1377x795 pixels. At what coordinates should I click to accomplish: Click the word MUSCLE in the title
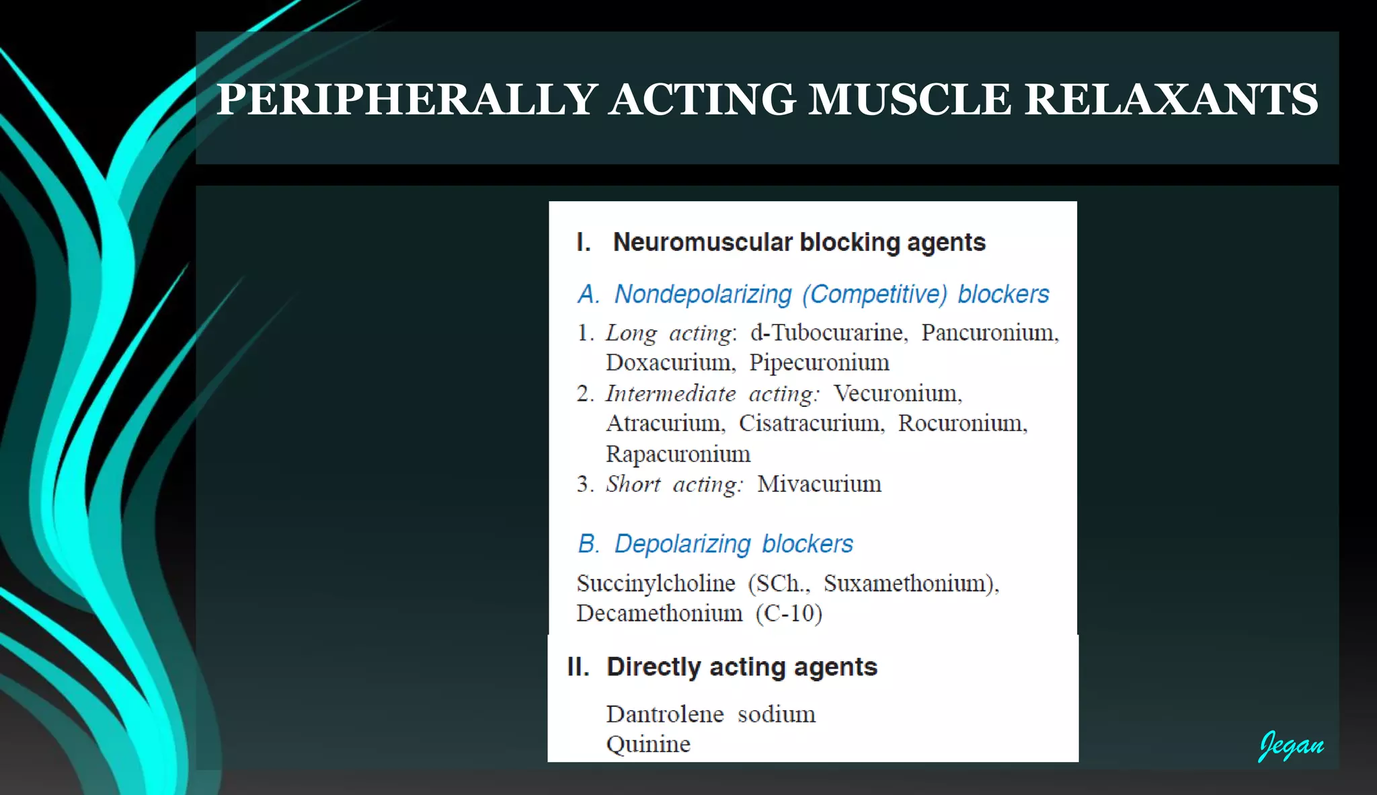click(x=910, y=100)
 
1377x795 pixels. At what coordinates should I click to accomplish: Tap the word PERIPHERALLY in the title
click(x=407, y=100)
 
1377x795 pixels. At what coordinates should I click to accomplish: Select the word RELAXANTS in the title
click(x=1171, y=100)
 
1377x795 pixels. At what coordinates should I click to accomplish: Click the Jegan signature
click(x=1291, y=745)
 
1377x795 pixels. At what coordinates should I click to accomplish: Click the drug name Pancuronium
click(x=989, y=333)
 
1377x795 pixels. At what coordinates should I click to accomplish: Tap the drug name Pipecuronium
click(x=819, y=363)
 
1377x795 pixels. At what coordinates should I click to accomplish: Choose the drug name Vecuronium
click(x=897, y=393)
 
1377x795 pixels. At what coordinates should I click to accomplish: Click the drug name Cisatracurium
click(x=811, y=424)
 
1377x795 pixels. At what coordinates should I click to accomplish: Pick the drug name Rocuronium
click(x=962, y=424)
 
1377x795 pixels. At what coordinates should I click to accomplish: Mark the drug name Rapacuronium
click(x=678, y=454)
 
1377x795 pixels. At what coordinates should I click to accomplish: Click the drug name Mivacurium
click(x=819, y=484)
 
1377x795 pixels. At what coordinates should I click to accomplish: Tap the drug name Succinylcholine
click(x=656, y=583)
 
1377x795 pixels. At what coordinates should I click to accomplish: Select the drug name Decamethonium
click(x=659, y=613)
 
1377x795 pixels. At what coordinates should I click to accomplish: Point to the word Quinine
click(x=648, y=745)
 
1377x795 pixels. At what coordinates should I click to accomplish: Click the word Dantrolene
click(x=664, y=714)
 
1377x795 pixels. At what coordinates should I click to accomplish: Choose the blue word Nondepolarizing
click(x=703, y=295)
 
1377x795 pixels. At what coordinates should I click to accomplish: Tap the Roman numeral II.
click(x=578, y=667)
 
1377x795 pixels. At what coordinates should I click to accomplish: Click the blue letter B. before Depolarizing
click(x=588, y=543)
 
